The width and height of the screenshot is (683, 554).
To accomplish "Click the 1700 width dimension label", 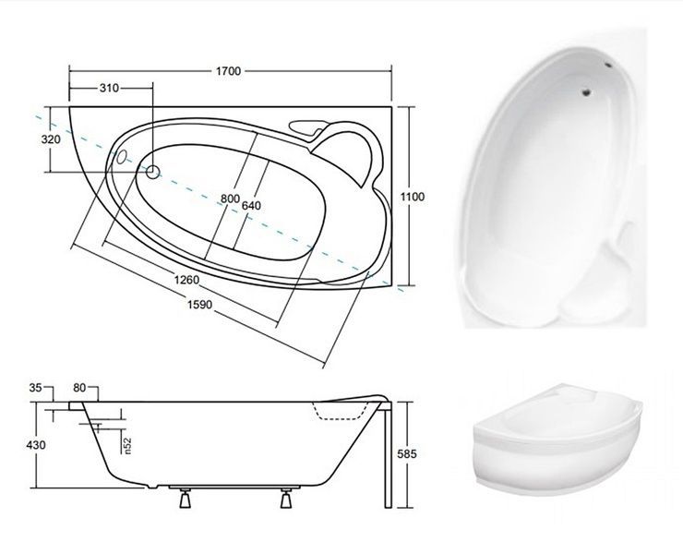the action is coord(228,71).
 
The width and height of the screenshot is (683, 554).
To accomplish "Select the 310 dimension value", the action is coord(109,88).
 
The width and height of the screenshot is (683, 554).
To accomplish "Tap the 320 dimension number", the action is coord(51,139).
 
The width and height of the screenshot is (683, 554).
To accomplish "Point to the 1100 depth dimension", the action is coord(412,197).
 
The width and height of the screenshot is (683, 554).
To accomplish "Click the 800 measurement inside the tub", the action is coord(230,199).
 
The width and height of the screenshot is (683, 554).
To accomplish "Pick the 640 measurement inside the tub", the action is coord(251,205).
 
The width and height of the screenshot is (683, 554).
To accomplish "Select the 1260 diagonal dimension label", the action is coord(186,280).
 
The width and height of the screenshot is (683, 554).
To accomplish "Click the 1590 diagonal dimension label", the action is coord(200,305).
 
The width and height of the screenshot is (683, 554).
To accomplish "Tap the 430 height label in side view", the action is coord(36,445).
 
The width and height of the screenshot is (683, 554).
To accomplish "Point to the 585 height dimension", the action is coord(407,454).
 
